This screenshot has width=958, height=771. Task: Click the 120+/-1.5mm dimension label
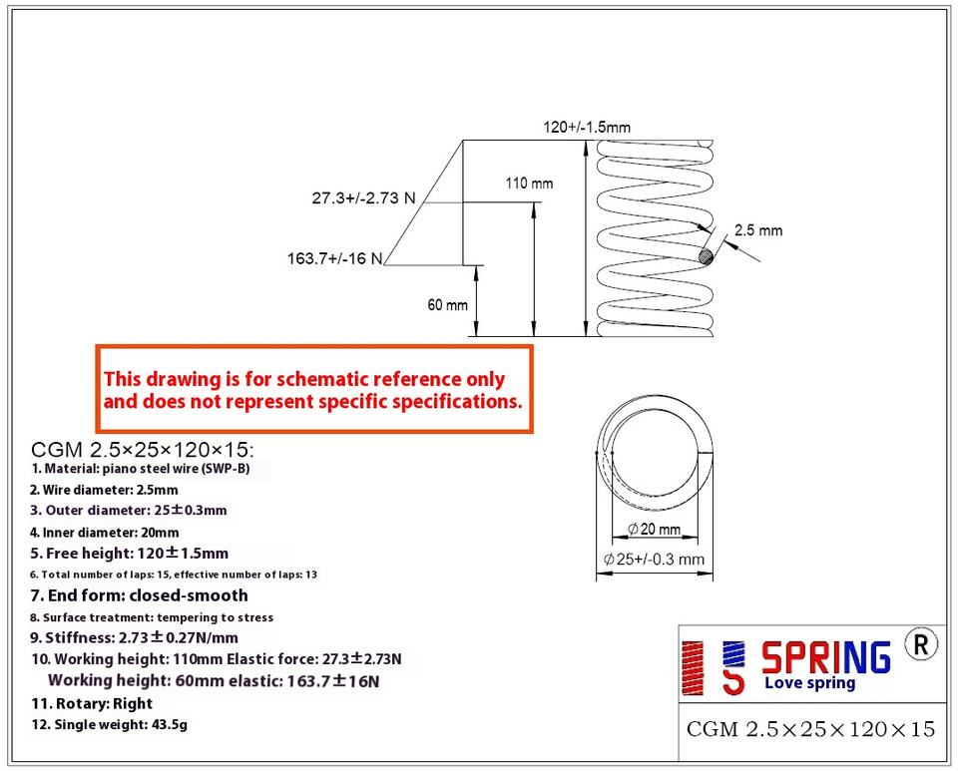coord(586,128)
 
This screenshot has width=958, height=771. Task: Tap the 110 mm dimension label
coord(529,184)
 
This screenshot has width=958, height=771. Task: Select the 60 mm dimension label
coord(447,305)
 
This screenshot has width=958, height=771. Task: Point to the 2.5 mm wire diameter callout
coord(758,230)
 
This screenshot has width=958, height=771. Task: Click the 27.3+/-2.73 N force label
coord(363,197)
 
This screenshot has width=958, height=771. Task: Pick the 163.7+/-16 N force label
coord(335,259)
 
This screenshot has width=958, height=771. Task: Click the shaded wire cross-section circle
coord(708,257)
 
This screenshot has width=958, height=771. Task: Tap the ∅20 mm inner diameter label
coord(655,529)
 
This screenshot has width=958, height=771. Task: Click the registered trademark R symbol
coord(920,644)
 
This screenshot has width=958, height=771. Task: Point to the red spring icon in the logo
coord(691,666)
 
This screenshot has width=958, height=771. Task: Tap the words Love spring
coord(809,684)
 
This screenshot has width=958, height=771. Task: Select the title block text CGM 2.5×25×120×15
coord(810,729)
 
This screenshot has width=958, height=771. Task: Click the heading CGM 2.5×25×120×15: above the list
coord(144,449)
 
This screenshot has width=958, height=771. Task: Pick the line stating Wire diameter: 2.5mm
coord(104,490)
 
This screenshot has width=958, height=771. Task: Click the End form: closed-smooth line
coord(139,595)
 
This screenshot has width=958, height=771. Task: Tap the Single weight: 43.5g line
coord(109,725)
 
